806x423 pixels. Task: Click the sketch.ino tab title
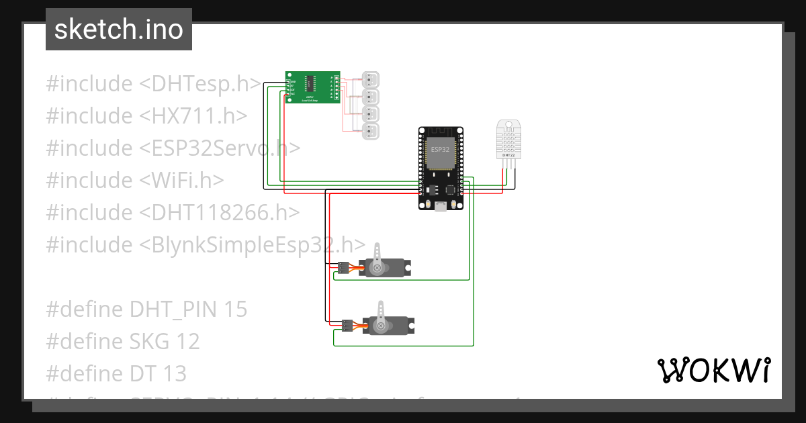coord(118,30)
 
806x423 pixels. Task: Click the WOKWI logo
coord(713,370)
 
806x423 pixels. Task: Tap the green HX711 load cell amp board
coord(312,87)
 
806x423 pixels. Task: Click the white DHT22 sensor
coord(508,140)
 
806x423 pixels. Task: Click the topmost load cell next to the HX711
coord(370,79)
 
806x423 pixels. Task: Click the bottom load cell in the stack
coord(370,131)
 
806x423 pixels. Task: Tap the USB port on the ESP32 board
coord(441,206)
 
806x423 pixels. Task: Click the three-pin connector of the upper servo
coord(343,268)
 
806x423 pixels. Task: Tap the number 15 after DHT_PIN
coord(236,309)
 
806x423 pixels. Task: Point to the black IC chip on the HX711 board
coord(310,83)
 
